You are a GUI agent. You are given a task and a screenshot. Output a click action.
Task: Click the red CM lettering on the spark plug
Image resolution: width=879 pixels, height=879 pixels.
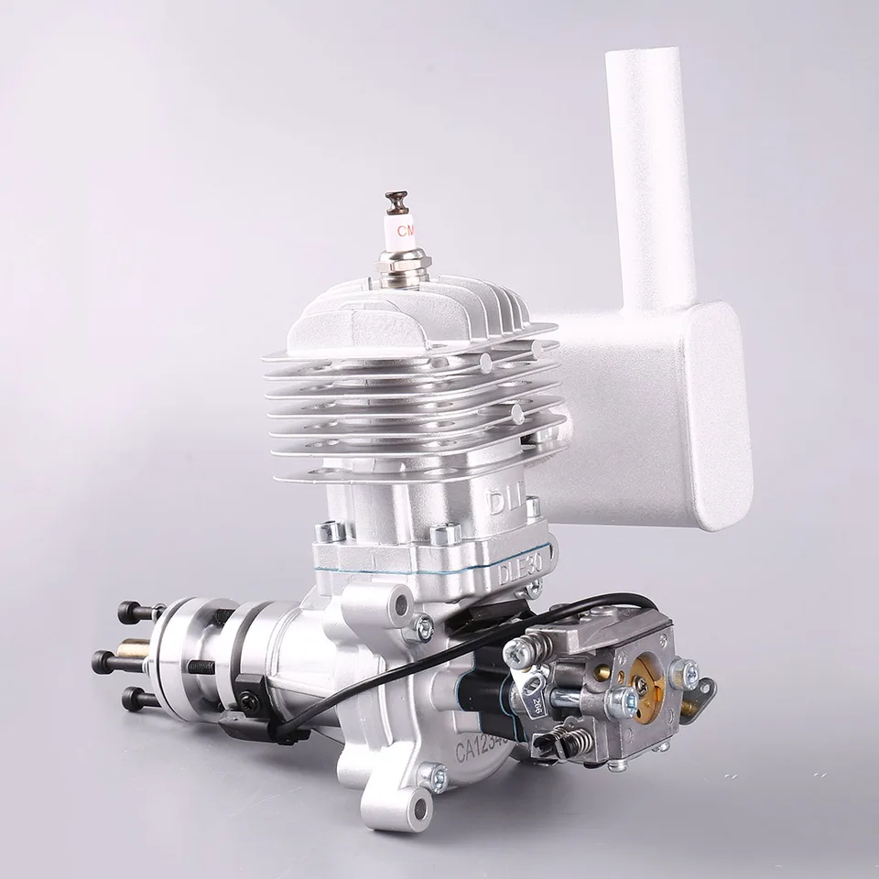pos(405,226)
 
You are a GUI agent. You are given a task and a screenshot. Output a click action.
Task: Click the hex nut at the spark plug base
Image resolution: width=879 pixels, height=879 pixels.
pos(404,265)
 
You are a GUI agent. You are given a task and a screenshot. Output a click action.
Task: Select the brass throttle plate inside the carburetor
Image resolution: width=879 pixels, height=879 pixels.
pos(650,689)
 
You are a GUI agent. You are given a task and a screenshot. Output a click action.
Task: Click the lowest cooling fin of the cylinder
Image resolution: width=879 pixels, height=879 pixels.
pos(412,472)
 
